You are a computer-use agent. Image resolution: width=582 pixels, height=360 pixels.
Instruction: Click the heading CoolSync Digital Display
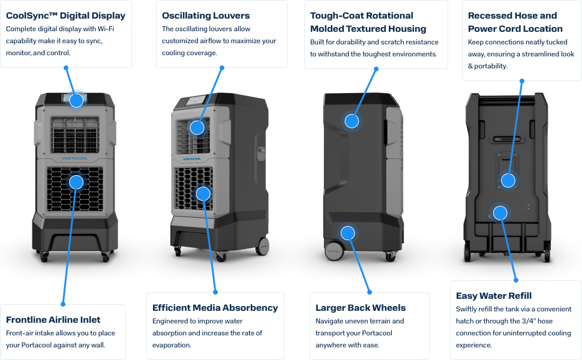pyautogui.click(x=65, y=16)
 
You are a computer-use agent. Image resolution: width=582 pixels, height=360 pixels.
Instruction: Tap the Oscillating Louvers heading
pyautogui.click(x=206, y=16)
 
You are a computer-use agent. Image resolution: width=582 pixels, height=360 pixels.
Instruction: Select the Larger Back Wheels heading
pyautogui.click(x=361, y=308)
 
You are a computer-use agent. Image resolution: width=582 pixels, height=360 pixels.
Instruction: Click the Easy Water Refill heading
pyautogui.click(x=494, y=296)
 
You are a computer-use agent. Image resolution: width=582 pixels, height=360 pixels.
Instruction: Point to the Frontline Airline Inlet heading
pyautogui.click(x=53, y=320)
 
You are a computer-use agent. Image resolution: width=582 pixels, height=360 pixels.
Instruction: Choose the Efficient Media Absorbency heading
pyautogui.click(x=215, y=308)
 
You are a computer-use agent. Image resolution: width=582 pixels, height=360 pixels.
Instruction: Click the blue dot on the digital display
pyautogui.click(x=76, y=100)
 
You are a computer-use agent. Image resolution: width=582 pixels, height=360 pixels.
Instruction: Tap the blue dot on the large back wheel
pyautogui.click(x=347, y=233)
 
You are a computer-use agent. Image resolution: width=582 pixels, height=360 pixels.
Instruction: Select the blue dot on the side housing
pyautogui.click(x=352, y=121)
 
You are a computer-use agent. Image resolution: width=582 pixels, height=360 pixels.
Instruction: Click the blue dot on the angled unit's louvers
pyautogui.click(x=197, y=127)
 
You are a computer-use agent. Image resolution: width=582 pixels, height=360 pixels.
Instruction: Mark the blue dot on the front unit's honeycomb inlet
pyautogui.click(x=76, y=181)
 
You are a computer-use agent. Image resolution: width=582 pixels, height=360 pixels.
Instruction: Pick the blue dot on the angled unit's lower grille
pyautogui.click(x=203, y=194)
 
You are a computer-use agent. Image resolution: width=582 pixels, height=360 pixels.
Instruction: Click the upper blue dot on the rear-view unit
pyautogui.click(x=508, y=180)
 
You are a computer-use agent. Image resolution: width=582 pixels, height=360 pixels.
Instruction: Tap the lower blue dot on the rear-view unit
pyautogui.click(x=500, y=212)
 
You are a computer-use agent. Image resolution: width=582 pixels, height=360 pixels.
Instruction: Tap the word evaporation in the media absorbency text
pyautogui.click(x=171, y=345)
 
